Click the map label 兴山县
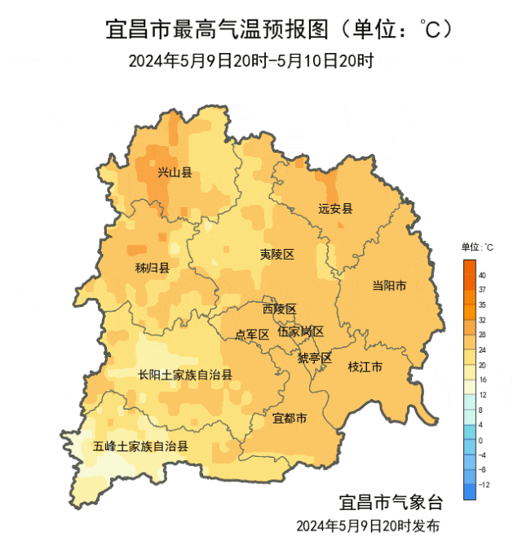coord(175,172)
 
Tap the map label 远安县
coord(335,208)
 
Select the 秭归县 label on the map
coord(153,268)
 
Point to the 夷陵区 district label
coord(276,255)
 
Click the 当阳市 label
coord(389,285)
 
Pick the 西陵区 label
coord(279,309)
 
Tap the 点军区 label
coord(252,334)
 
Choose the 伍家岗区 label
coord(300,331)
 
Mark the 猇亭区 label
coord(314,357)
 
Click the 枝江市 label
coord(365,366)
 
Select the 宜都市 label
coord(290,419)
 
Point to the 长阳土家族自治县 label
coord(185,375)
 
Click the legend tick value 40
coord(483,275)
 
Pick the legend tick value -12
coord(484,484)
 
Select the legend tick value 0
coord(482,440)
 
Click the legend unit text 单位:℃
coord(477,246)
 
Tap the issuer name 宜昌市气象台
coord(390,500)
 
